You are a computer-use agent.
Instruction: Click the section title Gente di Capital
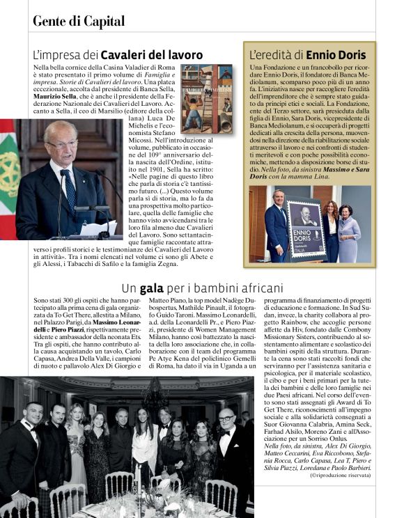tap(79, 21)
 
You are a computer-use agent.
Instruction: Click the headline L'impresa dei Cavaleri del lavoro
tap(118, 54)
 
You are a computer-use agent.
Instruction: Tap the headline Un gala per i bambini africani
tap(202, 287)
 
